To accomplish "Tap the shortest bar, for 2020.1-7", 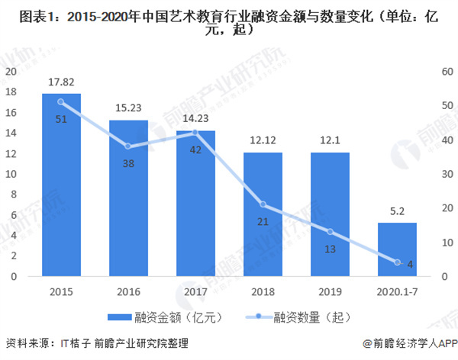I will pyautogui.click(x=397, y=249).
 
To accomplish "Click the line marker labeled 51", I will pyautogui.click(x=61, y=101).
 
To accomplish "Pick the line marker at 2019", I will pyautogui.click(x=330, y=231).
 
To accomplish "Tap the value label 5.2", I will pyautogui.click(x=397, y=214).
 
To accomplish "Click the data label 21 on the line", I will pyautogui.click(x=263, y=221).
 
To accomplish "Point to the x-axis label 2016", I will pyautogui.click(x=128, y=291).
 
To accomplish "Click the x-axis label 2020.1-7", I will pyautogui.click(x=397, y=291).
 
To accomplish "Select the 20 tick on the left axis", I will pyautogui.click(x=11, y=71).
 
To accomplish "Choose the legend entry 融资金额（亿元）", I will pyautogui.click(x=164, y=315).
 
